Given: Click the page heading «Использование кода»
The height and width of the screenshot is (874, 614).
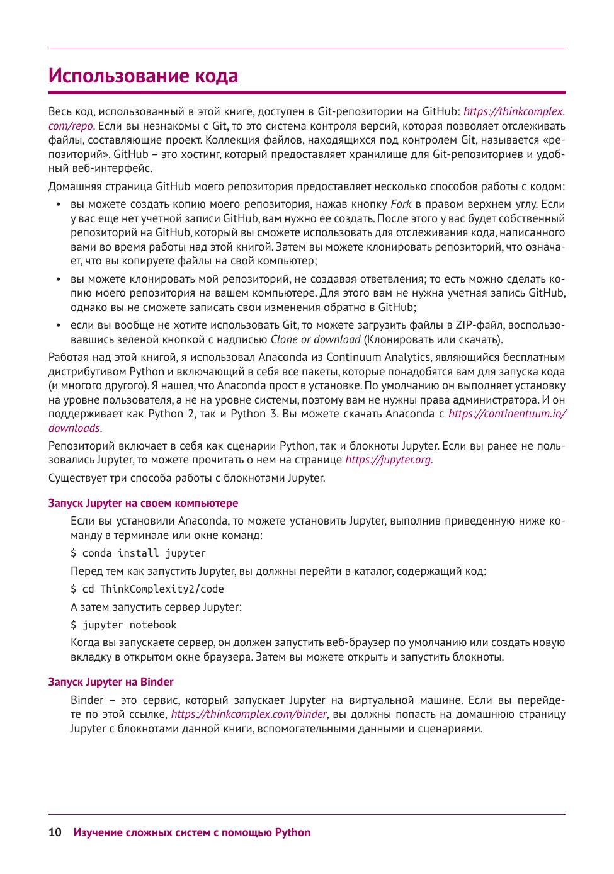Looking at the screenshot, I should click(144, 76).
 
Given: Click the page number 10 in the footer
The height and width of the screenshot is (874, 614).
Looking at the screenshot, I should click(55, 832).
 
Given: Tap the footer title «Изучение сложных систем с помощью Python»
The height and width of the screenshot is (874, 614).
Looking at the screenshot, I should click(192, 832).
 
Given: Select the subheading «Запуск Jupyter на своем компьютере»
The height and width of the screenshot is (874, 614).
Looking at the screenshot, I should click(143, 503).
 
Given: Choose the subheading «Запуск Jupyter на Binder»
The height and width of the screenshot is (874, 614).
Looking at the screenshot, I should click(111, 682).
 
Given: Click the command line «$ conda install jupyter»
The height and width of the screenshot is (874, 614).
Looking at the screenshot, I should click(138, 553).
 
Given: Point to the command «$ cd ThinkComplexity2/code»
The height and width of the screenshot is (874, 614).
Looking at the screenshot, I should click(147, 589).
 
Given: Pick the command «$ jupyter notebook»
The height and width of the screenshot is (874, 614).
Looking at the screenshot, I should click(123, 625).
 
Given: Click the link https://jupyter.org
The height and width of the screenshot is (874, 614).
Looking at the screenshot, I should click(388, 460).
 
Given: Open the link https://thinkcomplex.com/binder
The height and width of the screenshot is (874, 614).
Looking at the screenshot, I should click(249, 714).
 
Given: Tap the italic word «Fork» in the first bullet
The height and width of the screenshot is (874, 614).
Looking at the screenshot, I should click(401, 204).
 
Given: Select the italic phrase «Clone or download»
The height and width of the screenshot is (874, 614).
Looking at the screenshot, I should click(316, 339).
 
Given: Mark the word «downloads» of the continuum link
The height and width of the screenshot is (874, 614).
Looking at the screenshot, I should click(74, 428).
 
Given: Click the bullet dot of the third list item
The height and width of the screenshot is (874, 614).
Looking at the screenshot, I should click(58, 326).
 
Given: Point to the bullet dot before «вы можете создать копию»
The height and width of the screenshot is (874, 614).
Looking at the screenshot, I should click(58, 205).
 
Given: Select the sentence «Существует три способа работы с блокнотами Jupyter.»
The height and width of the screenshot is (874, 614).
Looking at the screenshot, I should click(186, 478).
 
